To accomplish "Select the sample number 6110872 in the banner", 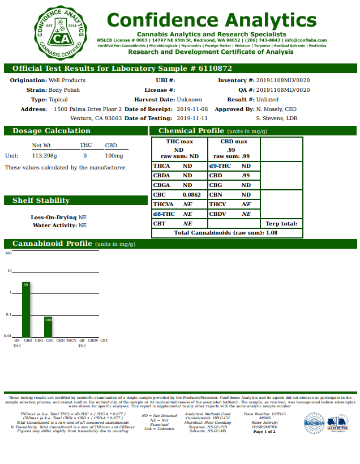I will click(x=212, y=68).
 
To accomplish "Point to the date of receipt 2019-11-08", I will click(x=192, y=109).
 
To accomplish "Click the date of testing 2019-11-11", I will click(x=192, y=118).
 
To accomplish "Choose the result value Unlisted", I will click(x=268, y=99).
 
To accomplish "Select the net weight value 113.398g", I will click(x=45, y=155).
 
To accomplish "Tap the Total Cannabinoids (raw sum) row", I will click(x=225, y=232).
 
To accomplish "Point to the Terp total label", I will click(x=281, y=223).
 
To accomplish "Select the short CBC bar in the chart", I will click(x=48, y=326).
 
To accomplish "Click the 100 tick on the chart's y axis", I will click(x=8, y=253).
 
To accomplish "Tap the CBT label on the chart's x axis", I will click(x=104, y=340).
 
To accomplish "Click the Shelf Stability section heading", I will click(x=41, y=201).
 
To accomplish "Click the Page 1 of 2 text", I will click(x=264, y=432).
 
